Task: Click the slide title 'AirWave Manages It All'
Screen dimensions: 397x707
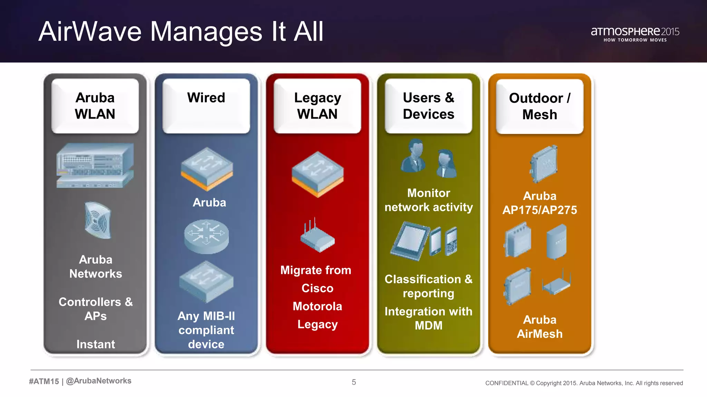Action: pos(181,32)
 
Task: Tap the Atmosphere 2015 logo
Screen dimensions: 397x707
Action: pos(635,34)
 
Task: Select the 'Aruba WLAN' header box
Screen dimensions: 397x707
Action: pos(95,106)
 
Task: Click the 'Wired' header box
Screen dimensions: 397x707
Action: pos(206,105)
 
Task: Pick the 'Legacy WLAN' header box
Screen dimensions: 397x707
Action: pos(317,106)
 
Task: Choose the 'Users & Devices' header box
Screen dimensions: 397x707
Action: pos(428,106)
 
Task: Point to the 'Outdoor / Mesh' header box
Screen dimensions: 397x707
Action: pos(540,106)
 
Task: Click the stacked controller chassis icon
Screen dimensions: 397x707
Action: pos(95,165)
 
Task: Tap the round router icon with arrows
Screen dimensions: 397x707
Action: pos(206,236)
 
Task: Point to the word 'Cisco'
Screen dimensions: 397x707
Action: pos(317,288)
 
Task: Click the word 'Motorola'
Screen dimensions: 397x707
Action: pos(317,306)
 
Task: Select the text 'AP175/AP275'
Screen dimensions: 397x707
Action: pos(540,210)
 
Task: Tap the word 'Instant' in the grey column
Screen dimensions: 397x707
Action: pos(96,344)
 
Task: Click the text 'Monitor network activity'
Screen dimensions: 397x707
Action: pos(428,200)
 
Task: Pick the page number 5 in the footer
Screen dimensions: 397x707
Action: pos(354,382)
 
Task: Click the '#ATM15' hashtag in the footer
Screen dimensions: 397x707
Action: pos(44,381)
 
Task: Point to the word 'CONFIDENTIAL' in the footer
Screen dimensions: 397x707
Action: pos(506,383)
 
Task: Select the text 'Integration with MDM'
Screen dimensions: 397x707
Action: pos(428,318)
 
